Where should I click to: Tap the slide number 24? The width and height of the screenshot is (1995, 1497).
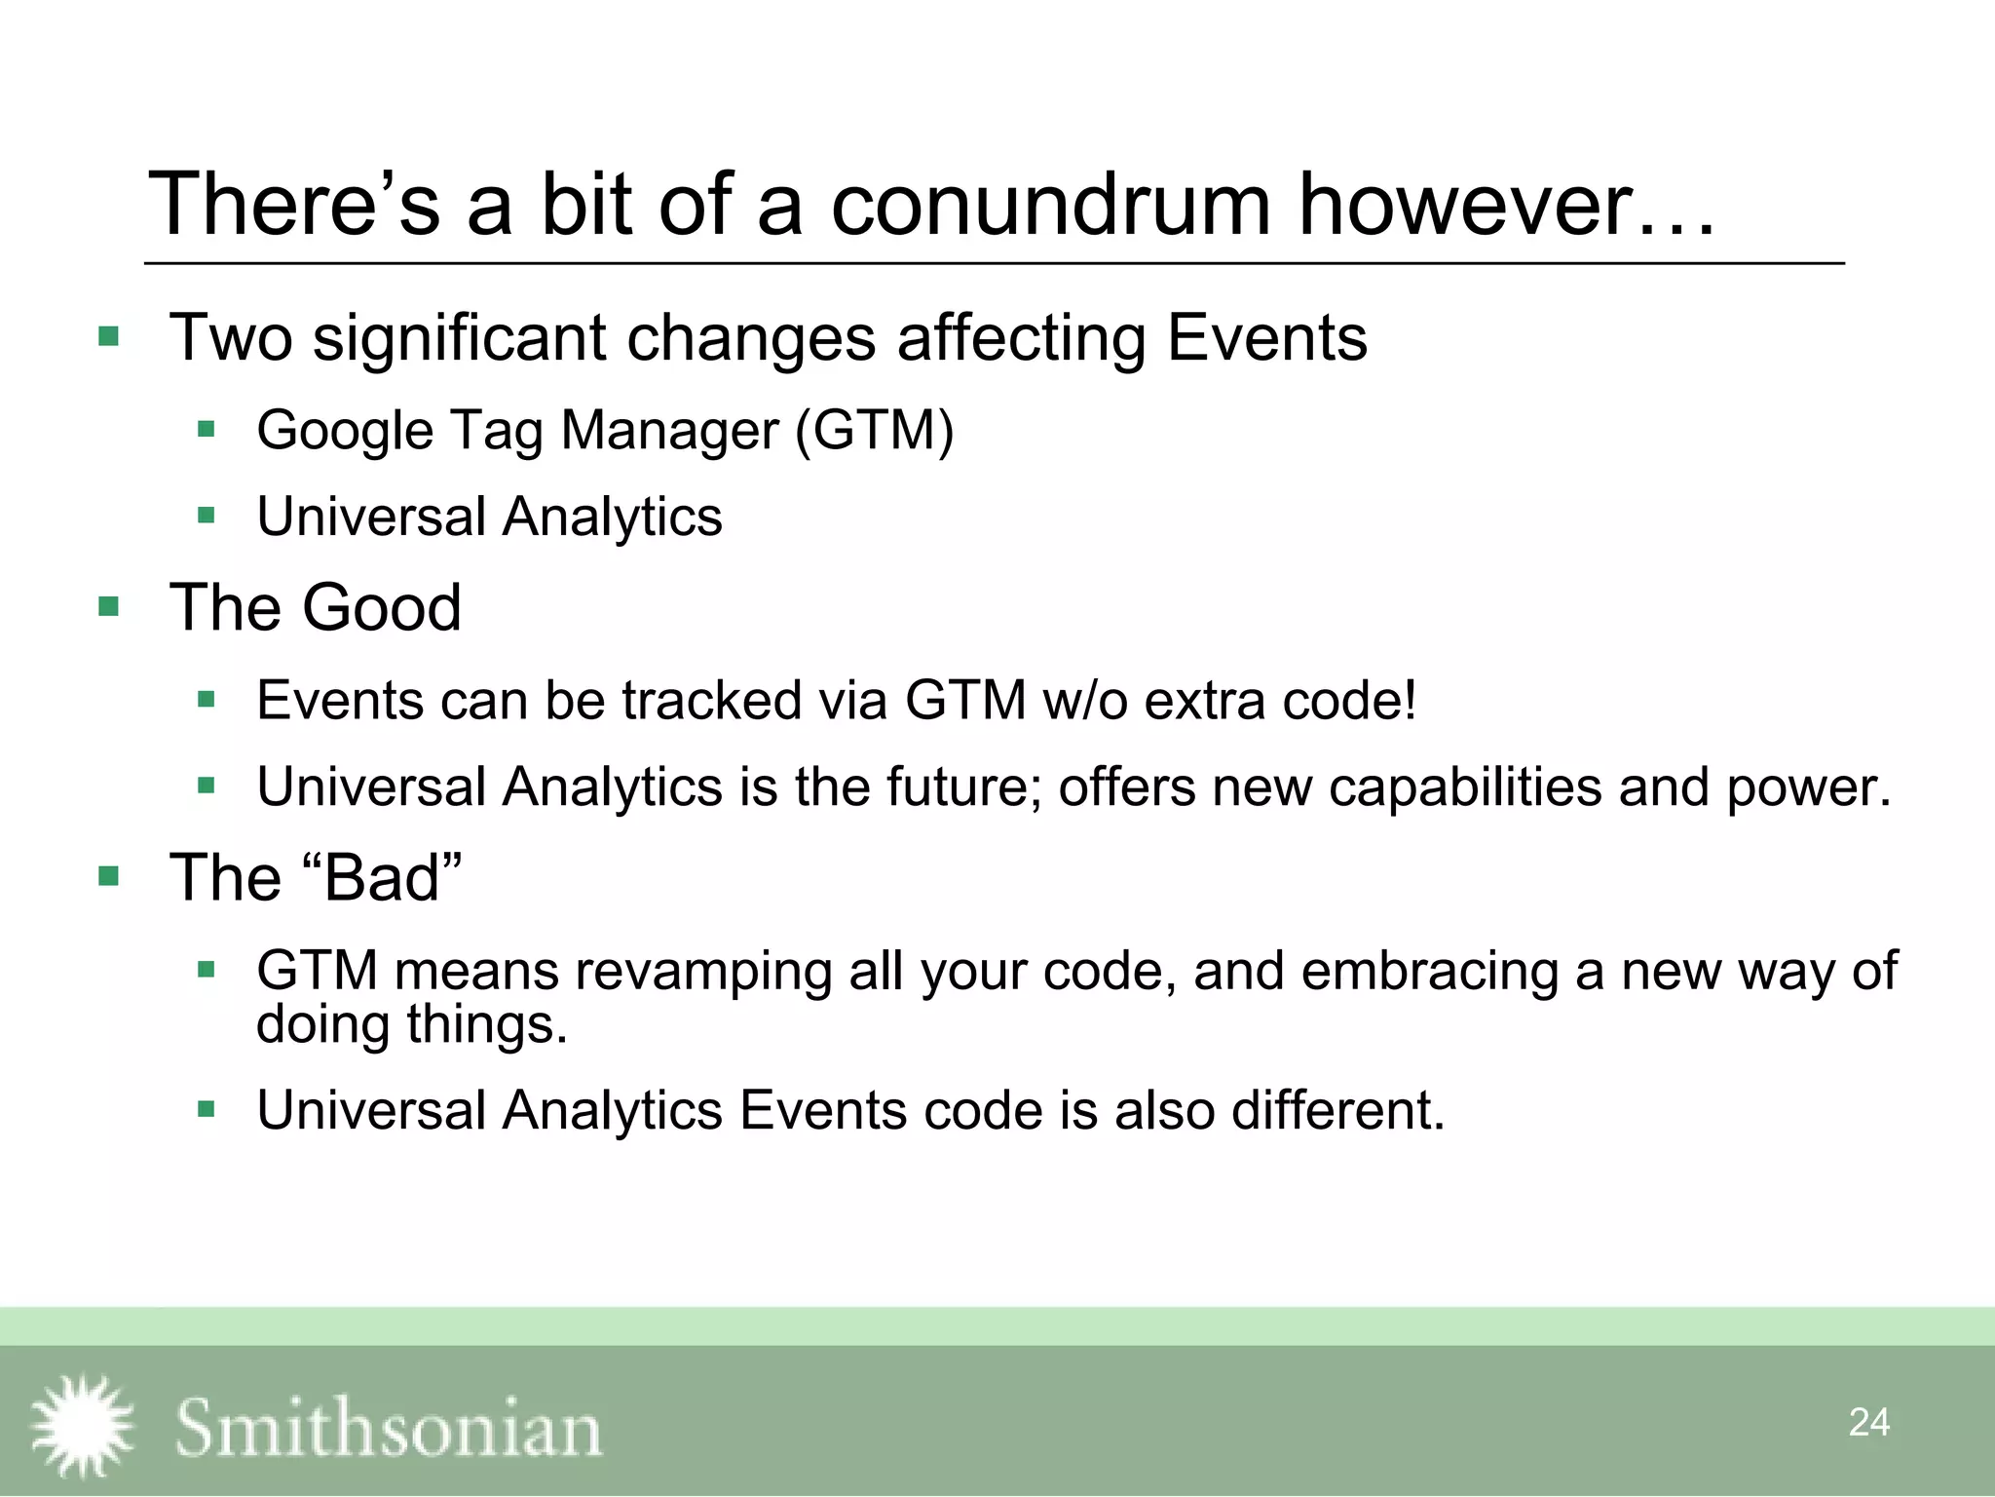click(1868, 1422)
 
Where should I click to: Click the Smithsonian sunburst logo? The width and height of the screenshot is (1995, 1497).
click(82, 1425)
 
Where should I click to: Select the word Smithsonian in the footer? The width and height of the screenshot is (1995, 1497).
click(388, 1429)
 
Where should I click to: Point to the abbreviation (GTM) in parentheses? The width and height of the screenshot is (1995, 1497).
click(874, 430)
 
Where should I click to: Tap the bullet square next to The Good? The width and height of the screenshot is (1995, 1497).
click(108, 607)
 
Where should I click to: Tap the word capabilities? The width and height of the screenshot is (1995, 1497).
click(1465, 787)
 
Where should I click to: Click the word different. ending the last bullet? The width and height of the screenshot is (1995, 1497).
click(1337, 1110)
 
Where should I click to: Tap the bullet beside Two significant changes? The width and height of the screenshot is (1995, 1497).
click(108, 337)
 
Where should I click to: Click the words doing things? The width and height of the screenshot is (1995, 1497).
click(410, 1024)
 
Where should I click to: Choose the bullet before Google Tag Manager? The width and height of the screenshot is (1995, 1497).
click(206, 429)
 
